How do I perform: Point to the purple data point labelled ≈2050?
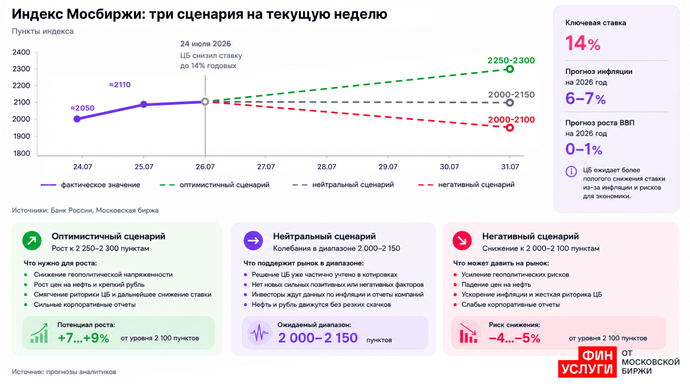pos(77,119)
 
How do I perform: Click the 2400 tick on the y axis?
pos(21,52)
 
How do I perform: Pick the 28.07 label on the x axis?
pos(327,167)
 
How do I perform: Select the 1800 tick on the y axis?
pos(21,153)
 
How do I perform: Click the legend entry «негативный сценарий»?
pos(466,185)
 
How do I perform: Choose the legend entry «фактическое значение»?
pos(90,185)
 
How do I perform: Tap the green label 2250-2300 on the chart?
pos(511,60)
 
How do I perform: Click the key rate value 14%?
pos(583,43)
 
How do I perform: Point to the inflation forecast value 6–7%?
pos(585,98)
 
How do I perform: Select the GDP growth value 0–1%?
pos(584,149)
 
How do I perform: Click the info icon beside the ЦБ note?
pos(571,172)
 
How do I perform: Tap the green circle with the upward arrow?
pos(32,241)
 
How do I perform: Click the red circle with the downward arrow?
pos(462,241)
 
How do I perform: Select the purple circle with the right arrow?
pos(253,241)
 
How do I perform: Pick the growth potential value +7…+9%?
pos(84,338)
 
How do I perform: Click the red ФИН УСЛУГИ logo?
pos(587,362)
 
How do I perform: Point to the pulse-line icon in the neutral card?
pos(259,333)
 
